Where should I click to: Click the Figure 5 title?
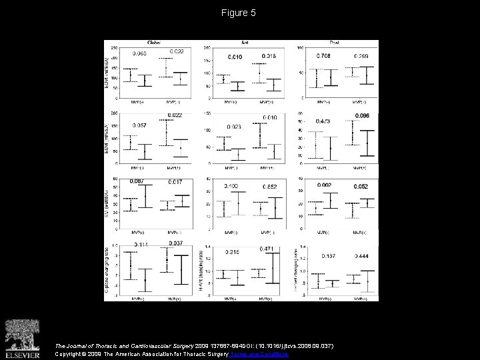(x=239, y=13)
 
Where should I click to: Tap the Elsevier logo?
(x=21, y=336)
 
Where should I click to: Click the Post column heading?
(x=336, y=43)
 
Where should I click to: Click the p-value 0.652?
(x=269, y=187)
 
